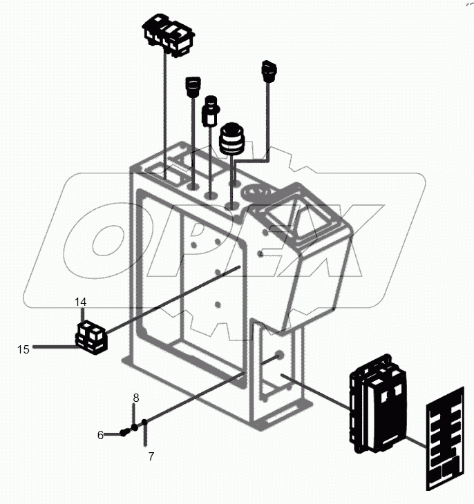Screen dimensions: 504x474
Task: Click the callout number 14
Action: click(82, 302)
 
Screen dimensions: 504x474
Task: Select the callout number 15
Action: click(23, 349)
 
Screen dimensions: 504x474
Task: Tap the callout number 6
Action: click(100, 435)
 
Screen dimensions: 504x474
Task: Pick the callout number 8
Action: click(136, 398)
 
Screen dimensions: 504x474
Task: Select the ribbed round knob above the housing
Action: click(233, 140)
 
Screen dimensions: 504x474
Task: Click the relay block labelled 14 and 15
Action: click(92, 336)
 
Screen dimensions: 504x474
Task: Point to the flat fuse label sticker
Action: click(444, 443)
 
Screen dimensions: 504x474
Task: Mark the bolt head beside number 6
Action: click(124, 432)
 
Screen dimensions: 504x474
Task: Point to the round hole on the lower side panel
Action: click(279, 356)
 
